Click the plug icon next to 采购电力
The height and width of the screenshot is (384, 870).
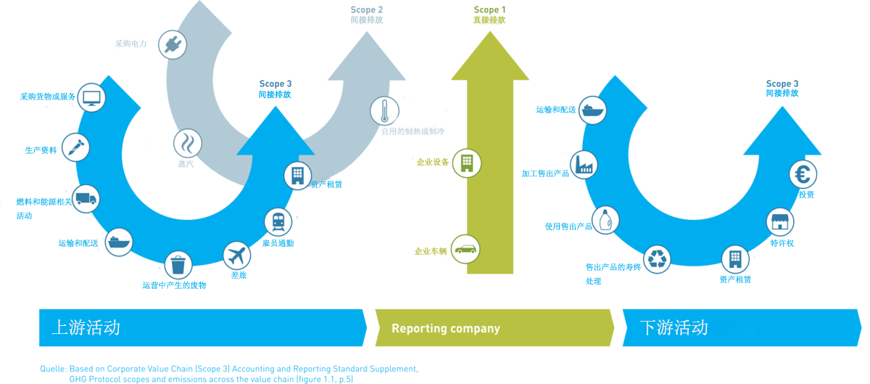[x=173, y=45]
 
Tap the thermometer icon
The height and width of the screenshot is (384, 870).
[x=384, y=111]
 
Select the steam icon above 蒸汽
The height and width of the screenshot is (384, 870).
[x=188, y=143]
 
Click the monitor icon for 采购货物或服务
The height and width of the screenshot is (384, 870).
[x=91, y=98]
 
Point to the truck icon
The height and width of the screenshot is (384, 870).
[x=86, y=199]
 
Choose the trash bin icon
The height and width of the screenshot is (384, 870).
[x=178, y=265]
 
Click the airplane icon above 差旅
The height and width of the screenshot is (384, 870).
[x=236, y=256]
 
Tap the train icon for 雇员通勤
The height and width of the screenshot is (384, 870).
[x=278, y=222]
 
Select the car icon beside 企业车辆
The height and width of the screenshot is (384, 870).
[x=465, y=249]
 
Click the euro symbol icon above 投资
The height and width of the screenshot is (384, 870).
[x=803, y=174]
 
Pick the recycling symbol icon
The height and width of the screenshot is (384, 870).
[x=657, y=259]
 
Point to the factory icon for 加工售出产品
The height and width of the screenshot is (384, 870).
[x=584, y=165]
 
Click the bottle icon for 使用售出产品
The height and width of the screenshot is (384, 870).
[x=605, y=220]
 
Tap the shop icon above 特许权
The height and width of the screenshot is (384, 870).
[x=780, y=222]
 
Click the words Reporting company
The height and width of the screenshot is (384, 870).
[x=446, y=329]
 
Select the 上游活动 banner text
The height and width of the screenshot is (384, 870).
[x=86, y=327]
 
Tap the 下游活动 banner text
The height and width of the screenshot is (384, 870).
[x=674, y=327]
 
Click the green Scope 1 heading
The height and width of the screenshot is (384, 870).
[x=489, y=9]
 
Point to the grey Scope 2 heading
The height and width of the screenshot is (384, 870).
[x=367, y=9]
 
